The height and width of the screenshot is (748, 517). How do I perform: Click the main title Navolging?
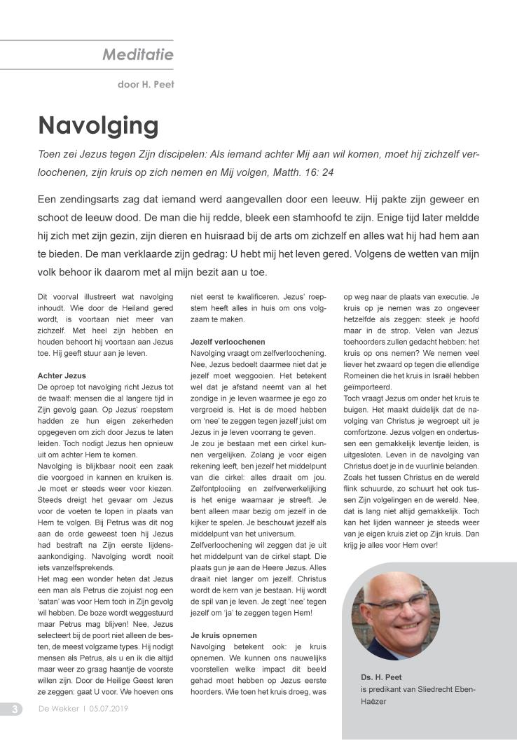[x=98, y=125]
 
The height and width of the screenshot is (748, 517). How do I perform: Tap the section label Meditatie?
[x=138, y=54]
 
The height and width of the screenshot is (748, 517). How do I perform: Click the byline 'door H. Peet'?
[x=145, y=85]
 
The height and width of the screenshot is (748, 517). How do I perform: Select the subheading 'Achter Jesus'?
[x=62, y=376]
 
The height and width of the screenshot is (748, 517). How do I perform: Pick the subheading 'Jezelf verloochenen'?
[x=228, y=341]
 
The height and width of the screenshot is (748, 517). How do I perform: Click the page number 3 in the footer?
[x=13, y=709]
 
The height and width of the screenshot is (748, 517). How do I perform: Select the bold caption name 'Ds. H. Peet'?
[x=382, y=677]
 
